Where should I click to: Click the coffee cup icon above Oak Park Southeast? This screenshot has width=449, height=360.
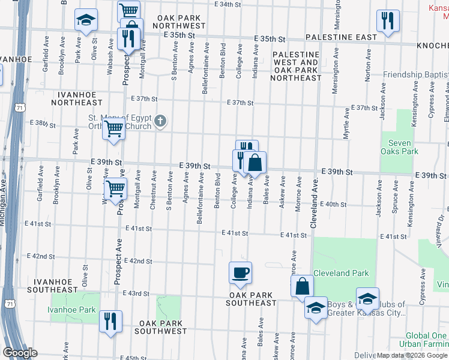click(x=240, y=272)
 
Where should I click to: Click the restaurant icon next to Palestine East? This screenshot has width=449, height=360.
click(x=388, y=20)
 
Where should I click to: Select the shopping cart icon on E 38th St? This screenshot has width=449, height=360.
click(x=113, y=128)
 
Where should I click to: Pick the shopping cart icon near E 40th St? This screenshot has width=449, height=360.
click(x=115, y=188)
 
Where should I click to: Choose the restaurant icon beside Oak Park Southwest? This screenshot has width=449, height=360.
click(x=110, y=320)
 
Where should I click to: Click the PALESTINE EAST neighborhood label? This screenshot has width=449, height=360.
click(x=341, y=37)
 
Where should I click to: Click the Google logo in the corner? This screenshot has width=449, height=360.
click(x=20, y=352)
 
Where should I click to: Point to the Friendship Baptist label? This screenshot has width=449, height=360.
click(x=415, y=74)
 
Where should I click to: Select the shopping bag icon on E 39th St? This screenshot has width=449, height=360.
click(x=255, y=163)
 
